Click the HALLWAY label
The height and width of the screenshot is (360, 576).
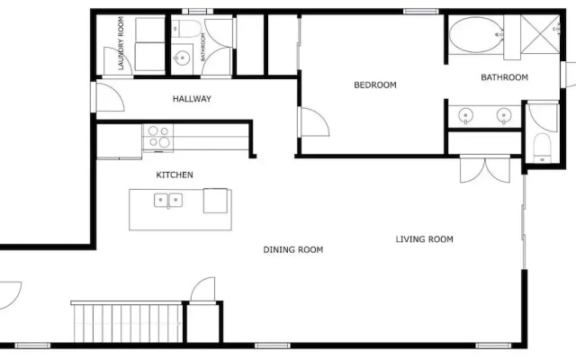click(192, 99)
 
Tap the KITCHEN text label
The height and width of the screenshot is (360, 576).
click(175, 175)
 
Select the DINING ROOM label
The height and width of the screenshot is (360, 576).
click(293, 250)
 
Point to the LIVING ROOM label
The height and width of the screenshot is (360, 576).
click(424, 239)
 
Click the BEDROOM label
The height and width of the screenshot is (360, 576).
click(375, 85)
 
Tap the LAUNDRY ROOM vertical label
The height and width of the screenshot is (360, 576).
click(121, 43)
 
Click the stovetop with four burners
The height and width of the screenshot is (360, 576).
click(158, 138)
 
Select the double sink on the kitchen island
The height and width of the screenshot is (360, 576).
click(168, 201)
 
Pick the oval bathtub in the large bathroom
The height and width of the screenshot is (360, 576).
click(476, 35)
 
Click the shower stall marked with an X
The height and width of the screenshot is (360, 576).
click(540, 34)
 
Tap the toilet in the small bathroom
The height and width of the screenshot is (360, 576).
click(187, 29)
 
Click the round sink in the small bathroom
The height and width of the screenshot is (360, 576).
click(182, 58)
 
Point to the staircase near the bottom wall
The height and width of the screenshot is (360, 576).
click(127, 322)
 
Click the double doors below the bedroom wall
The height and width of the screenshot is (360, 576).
click(485, 169)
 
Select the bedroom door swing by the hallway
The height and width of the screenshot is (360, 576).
click(315, 122)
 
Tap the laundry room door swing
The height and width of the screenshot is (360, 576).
click(118, 61)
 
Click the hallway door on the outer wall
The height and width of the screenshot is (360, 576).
click(110, 97)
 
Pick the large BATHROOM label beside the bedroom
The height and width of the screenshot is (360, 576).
click(504, 77)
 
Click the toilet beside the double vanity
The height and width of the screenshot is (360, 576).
click(542, 148)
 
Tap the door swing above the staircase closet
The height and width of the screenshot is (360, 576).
click(202, 289)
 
